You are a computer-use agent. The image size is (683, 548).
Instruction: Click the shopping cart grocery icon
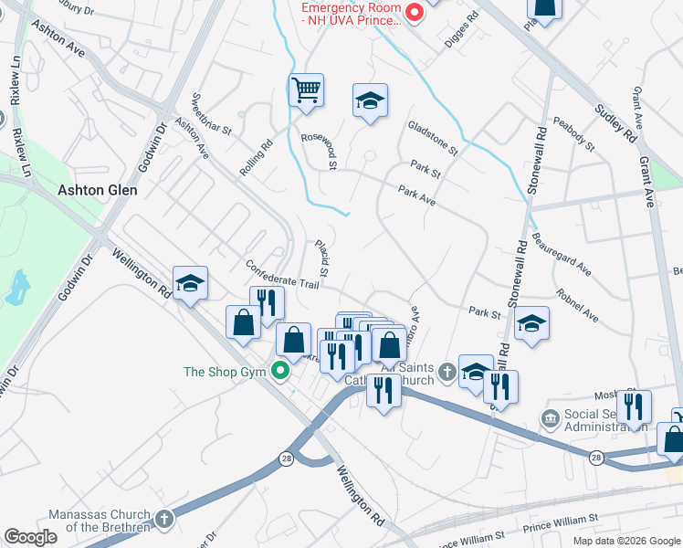[x=306, y=90]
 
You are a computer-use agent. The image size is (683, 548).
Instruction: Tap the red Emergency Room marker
[x=414, y=12]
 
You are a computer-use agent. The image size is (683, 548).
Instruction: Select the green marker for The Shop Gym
[x=282, y=371]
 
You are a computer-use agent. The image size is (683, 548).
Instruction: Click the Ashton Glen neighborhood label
[x=98, y=190]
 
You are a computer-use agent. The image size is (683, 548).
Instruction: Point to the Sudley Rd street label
[x=617, y=124]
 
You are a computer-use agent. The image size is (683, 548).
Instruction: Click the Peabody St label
[x=573, y=134]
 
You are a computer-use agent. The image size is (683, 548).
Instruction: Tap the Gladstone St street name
[x=432, y=137]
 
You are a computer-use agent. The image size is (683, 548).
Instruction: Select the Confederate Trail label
[x=281, y=274]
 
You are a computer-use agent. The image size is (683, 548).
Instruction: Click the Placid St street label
[x=321, y=258]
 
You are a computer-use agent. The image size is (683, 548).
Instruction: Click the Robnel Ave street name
[x=576, y=308]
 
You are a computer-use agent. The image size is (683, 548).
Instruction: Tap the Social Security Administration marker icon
[x=550, y=418]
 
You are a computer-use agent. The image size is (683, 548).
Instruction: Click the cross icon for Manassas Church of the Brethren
[x=163, y=520]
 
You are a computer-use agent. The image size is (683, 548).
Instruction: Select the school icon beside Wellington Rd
[x=190, y=284]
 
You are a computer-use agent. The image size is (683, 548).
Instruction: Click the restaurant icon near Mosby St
[x=633, y=406]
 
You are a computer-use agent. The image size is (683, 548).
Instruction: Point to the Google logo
[x=31, y=537]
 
